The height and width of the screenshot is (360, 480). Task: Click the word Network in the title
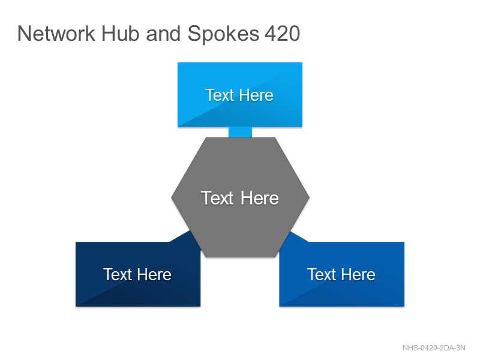tap(56, 34)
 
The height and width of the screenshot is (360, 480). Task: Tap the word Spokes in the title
tap(223, 34)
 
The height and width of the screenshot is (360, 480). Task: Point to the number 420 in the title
tap(282, 34)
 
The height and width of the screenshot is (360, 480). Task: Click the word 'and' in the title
tap(163, 34)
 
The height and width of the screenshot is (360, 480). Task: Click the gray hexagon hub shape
tap(241, 197)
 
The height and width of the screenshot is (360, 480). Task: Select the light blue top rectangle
tap(240, 95)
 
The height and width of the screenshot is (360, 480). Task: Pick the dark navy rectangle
tap(138, 274)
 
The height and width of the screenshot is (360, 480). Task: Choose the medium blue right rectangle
tap(341, 274)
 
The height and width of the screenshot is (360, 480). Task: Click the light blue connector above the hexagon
tap(241, 132)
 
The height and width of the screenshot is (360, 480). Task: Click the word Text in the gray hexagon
tap(217, 198)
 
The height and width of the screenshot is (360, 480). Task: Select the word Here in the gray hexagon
tap(260, 198)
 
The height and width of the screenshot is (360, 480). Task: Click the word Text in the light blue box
tap(220, 95)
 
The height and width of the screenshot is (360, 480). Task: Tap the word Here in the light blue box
tap(257, 95)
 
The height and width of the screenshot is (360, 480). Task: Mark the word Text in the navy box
tap(118, 274)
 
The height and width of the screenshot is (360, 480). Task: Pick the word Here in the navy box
tap(155, 274)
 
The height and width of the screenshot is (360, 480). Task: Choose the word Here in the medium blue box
tap(358, 274)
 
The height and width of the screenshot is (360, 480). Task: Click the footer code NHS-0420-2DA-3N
tap(434, 348)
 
